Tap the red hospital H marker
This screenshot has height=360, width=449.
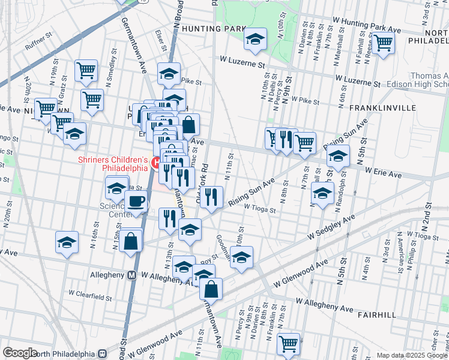[155, 163]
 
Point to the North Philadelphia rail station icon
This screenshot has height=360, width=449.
[102, 354]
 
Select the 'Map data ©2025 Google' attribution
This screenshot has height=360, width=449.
[411, 355]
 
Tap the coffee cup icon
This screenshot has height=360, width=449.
[136, 202]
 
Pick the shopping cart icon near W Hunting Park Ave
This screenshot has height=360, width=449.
[383, 43]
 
